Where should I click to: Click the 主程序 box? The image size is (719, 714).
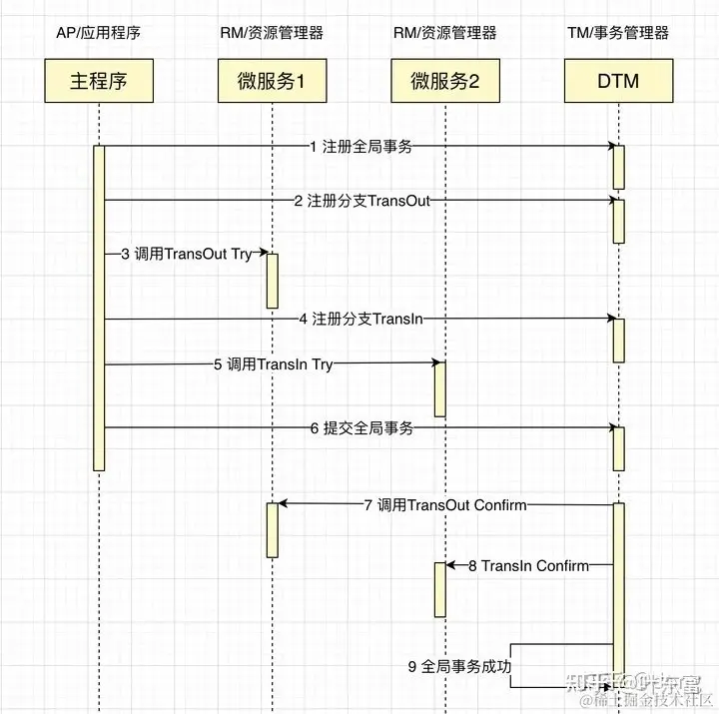(x=100, y=82)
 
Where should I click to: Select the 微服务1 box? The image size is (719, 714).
(x=271, y=82)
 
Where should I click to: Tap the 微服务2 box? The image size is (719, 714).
(x=444, y=82)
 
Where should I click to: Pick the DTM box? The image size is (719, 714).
(x=618, y=82)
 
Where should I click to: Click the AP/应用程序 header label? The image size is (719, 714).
(x=99, y=33)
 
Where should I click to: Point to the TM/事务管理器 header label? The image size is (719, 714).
(x=617, y=33)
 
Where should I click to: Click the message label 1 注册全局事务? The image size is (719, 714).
(x=359, y=147)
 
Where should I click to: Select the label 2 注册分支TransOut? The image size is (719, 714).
(x=361, y=201)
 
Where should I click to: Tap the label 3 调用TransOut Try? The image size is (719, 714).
(x=186, y=255)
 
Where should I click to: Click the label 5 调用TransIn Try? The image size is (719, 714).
(x=273, y=364)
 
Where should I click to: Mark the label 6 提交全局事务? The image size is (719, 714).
(x=360, y=428)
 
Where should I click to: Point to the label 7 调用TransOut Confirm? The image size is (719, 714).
(x=444, y=505)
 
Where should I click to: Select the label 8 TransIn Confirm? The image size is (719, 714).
(x=528, y=566)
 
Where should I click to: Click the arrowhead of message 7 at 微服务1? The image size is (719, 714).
(x=283, y=504)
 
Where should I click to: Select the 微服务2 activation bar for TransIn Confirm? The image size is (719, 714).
(x=438, y=589)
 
